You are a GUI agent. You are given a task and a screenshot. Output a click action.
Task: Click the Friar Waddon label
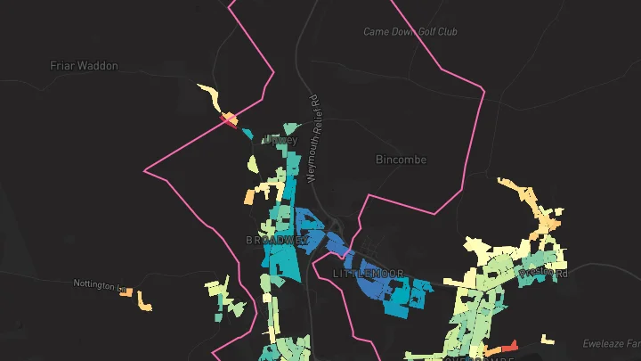(84, 66)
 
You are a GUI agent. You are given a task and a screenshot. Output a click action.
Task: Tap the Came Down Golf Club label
(410, 32)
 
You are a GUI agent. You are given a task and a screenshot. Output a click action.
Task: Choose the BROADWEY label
(277, 241)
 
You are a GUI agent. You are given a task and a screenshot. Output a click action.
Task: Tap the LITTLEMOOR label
(369, 273)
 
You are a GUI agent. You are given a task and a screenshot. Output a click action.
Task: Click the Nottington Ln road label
(99, 284)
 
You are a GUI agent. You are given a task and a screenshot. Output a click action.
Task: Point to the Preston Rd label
(545, 272)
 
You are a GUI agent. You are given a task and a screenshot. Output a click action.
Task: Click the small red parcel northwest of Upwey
(228, 118)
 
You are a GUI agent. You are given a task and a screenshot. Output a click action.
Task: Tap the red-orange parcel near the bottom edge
(505, 347)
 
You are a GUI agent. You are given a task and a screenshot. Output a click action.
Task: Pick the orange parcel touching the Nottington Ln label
(126, 292)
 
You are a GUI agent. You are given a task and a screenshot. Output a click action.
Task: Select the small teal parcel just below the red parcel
(245, 133)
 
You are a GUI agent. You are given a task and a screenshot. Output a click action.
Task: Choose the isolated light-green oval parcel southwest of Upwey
(253, 164)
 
